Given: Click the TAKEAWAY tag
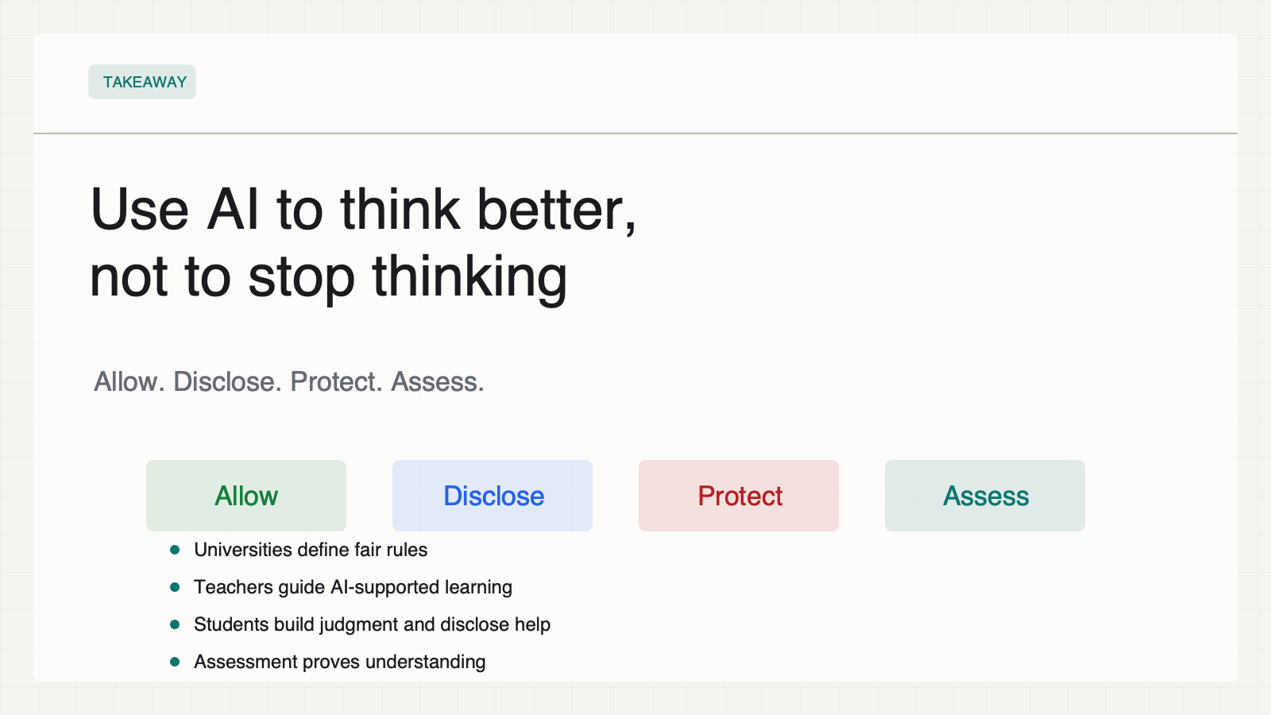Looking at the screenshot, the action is click(142, 82).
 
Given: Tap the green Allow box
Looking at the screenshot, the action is click(246, 496).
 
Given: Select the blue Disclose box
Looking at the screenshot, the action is click(493, 496).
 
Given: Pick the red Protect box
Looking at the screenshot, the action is click(739, 496).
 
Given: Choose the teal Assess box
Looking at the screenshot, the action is click(985, 496).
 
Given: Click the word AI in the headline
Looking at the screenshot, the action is click(233, 210).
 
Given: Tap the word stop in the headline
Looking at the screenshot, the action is click(301, 277).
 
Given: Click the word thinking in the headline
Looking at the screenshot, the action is click(469, 277).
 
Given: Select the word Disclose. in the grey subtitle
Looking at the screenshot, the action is click(227, 381).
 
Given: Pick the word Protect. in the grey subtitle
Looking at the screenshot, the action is click(337, 381).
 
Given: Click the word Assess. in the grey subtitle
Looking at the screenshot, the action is click(438, 381).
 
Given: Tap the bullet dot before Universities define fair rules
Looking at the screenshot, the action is click(175, 549).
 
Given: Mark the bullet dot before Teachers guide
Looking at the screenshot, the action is click(175, 587).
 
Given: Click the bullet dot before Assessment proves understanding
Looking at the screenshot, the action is click(175, 662).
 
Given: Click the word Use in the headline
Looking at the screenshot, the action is click(140, 210).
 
